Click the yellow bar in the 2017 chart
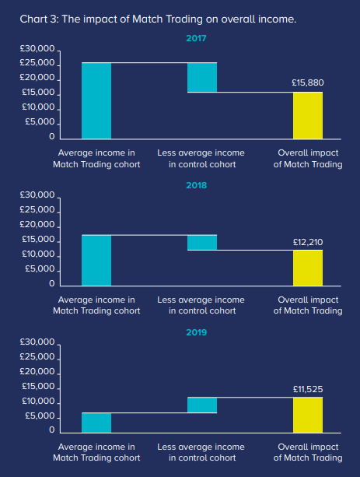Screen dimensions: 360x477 [308, 116]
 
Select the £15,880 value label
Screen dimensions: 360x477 [308, 82]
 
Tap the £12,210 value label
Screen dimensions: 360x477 [308, 242]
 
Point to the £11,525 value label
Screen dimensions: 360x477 [308, 389]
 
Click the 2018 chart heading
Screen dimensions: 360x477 [197, 185]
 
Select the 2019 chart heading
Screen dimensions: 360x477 [197, 332]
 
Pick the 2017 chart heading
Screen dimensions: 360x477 [196, 38]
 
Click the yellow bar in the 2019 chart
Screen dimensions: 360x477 [308, 415]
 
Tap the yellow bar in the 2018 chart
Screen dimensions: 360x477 [308, 268]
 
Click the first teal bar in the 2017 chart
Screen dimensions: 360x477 [96, 100]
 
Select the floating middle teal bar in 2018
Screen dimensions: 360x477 [202, 243]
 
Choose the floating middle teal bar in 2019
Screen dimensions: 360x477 [202, 405]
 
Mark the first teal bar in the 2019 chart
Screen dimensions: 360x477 [96, 423]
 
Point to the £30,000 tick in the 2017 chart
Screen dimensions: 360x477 [37, 49]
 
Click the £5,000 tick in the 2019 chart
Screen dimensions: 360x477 [40, 416]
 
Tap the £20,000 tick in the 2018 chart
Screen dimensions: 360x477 [37, 225]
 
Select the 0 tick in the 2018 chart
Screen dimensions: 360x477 [52, 283]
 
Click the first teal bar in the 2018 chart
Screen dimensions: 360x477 [96, 261]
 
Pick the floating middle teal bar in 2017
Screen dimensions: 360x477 [202, 77]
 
